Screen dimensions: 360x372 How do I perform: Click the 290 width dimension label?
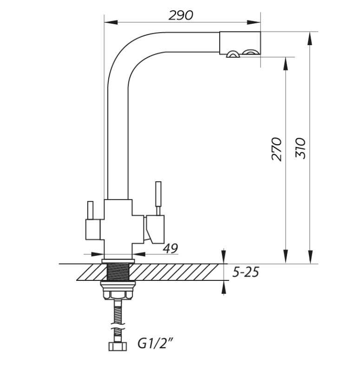point(181,16)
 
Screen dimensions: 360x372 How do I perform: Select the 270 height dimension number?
point(276,149)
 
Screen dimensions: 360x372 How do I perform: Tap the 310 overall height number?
point(301,148)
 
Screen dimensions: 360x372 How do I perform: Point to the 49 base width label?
point(170,248)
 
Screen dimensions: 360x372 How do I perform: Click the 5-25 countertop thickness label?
point(246,272)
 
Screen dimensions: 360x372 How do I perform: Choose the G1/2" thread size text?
point(156,344)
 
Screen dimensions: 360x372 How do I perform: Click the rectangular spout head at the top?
point(240,43)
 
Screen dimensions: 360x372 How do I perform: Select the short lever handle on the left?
point(90,210)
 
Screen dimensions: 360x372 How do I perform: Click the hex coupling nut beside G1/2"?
point(118,346)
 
